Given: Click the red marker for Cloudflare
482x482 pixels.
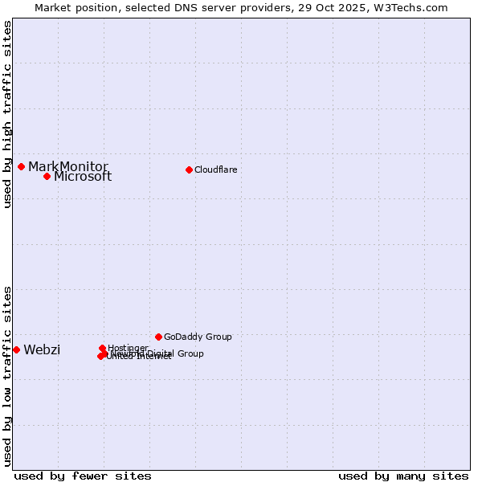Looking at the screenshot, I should pos(189,170).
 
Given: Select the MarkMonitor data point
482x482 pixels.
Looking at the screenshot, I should pos(21,166).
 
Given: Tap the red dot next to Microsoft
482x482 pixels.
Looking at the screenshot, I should pos(47,176).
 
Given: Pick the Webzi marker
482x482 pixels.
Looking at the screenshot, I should pos(16,349).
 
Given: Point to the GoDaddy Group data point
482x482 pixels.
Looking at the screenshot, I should pos(158,337).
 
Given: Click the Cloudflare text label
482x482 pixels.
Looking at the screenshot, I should pos(216,170).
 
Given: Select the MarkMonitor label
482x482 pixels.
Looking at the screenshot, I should pos(68,166).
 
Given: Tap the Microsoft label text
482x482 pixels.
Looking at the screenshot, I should pos(83,177).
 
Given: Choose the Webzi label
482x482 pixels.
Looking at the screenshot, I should pos(42,349).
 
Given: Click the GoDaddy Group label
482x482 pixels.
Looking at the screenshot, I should pos(198,337).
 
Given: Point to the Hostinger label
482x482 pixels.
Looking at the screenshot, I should pos(128,348).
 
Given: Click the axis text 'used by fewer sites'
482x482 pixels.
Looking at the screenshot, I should pos(83,476).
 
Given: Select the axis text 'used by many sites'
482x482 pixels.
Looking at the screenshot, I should pos(403,476).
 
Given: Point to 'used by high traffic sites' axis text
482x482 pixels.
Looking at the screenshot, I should pos(8,114).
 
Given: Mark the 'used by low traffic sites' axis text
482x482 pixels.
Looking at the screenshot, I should pos(8,375).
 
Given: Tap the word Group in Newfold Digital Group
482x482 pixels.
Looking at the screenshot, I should pos(190,353).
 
